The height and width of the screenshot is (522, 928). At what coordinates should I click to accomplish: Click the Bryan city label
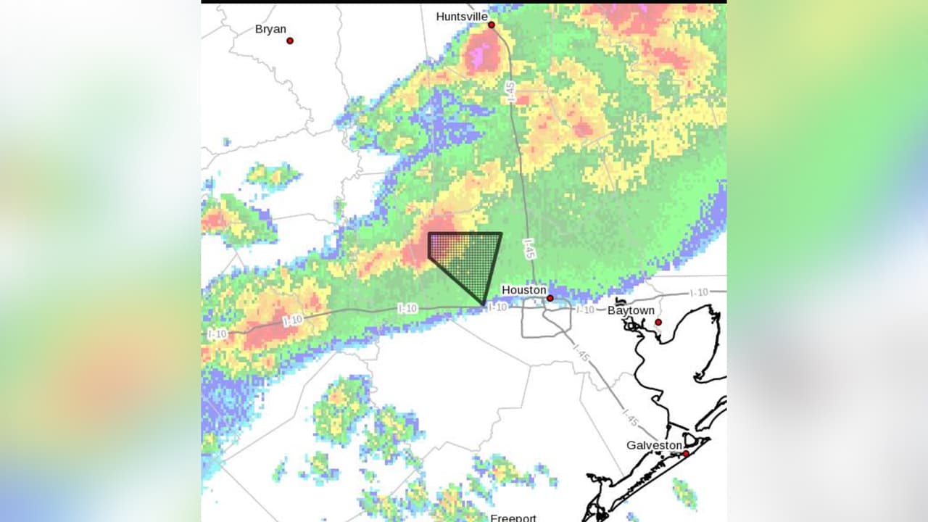(x=270, y=30)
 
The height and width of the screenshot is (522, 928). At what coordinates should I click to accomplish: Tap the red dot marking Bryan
(x=290, y=41)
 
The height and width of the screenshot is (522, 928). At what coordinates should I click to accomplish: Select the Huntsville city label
(x=462, y=16)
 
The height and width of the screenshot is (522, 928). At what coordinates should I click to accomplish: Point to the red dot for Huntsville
(x=491, y=25)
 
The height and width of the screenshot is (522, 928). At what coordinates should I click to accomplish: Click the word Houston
(x=523, y=290)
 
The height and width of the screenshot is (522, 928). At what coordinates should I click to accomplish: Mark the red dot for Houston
(x=550, y=298)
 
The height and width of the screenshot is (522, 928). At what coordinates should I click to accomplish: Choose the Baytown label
(x=631, y=310)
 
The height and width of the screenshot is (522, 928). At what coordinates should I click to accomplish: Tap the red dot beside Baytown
(x=658, y=322)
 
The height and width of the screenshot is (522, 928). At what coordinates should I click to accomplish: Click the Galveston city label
(x=655, y=445)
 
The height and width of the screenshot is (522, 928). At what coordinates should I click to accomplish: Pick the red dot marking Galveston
(x=686, y=454)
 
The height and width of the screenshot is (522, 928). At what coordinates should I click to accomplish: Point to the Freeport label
(x=513, y=518)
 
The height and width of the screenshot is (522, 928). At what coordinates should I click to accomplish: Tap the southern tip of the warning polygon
(x=483, y=304)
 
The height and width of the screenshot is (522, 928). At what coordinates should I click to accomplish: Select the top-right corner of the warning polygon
(x=501, y=233)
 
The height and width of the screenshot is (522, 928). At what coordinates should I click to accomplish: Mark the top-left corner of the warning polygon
(x=429, y=233)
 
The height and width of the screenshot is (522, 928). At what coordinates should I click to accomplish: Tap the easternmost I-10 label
(x=699, y=292)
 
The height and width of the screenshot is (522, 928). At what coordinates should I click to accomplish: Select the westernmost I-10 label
(x=217, y=333)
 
